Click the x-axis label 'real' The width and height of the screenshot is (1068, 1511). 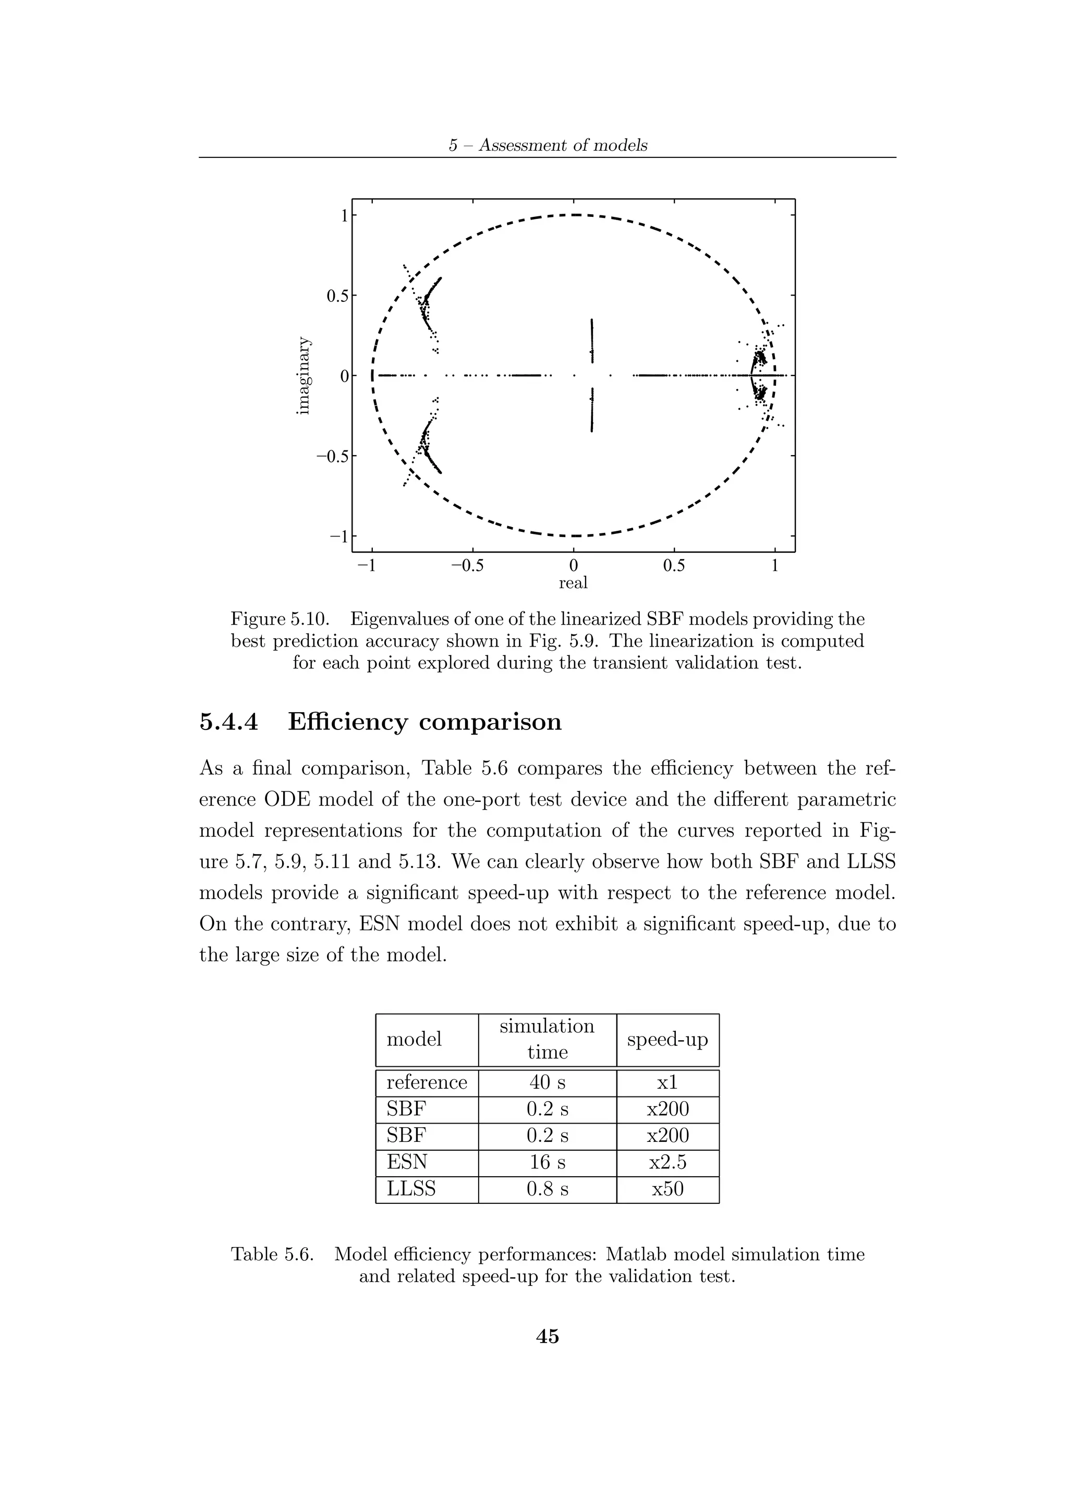coord(573,582)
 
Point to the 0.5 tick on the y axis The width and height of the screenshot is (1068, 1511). coord(339,296)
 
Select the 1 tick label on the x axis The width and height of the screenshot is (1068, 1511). coord(774,566)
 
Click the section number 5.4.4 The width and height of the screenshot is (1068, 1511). coord(228,722)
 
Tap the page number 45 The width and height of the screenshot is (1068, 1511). coord(548,1337)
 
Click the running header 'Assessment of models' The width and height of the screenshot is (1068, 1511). coord(563,145)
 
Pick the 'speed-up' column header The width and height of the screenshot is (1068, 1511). coord(667,1039)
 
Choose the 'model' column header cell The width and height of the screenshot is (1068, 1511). coord(414,1039)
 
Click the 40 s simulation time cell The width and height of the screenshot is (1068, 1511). coord(547,1082)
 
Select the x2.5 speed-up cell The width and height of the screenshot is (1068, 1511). coord(667,1162)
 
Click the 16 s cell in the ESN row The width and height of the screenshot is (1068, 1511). coord(547,1162)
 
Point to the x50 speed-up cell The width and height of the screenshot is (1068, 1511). coord(667,1189)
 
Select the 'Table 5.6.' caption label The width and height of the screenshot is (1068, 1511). coord(272,1254)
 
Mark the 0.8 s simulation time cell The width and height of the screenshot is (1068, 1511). coord(547,1189)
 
